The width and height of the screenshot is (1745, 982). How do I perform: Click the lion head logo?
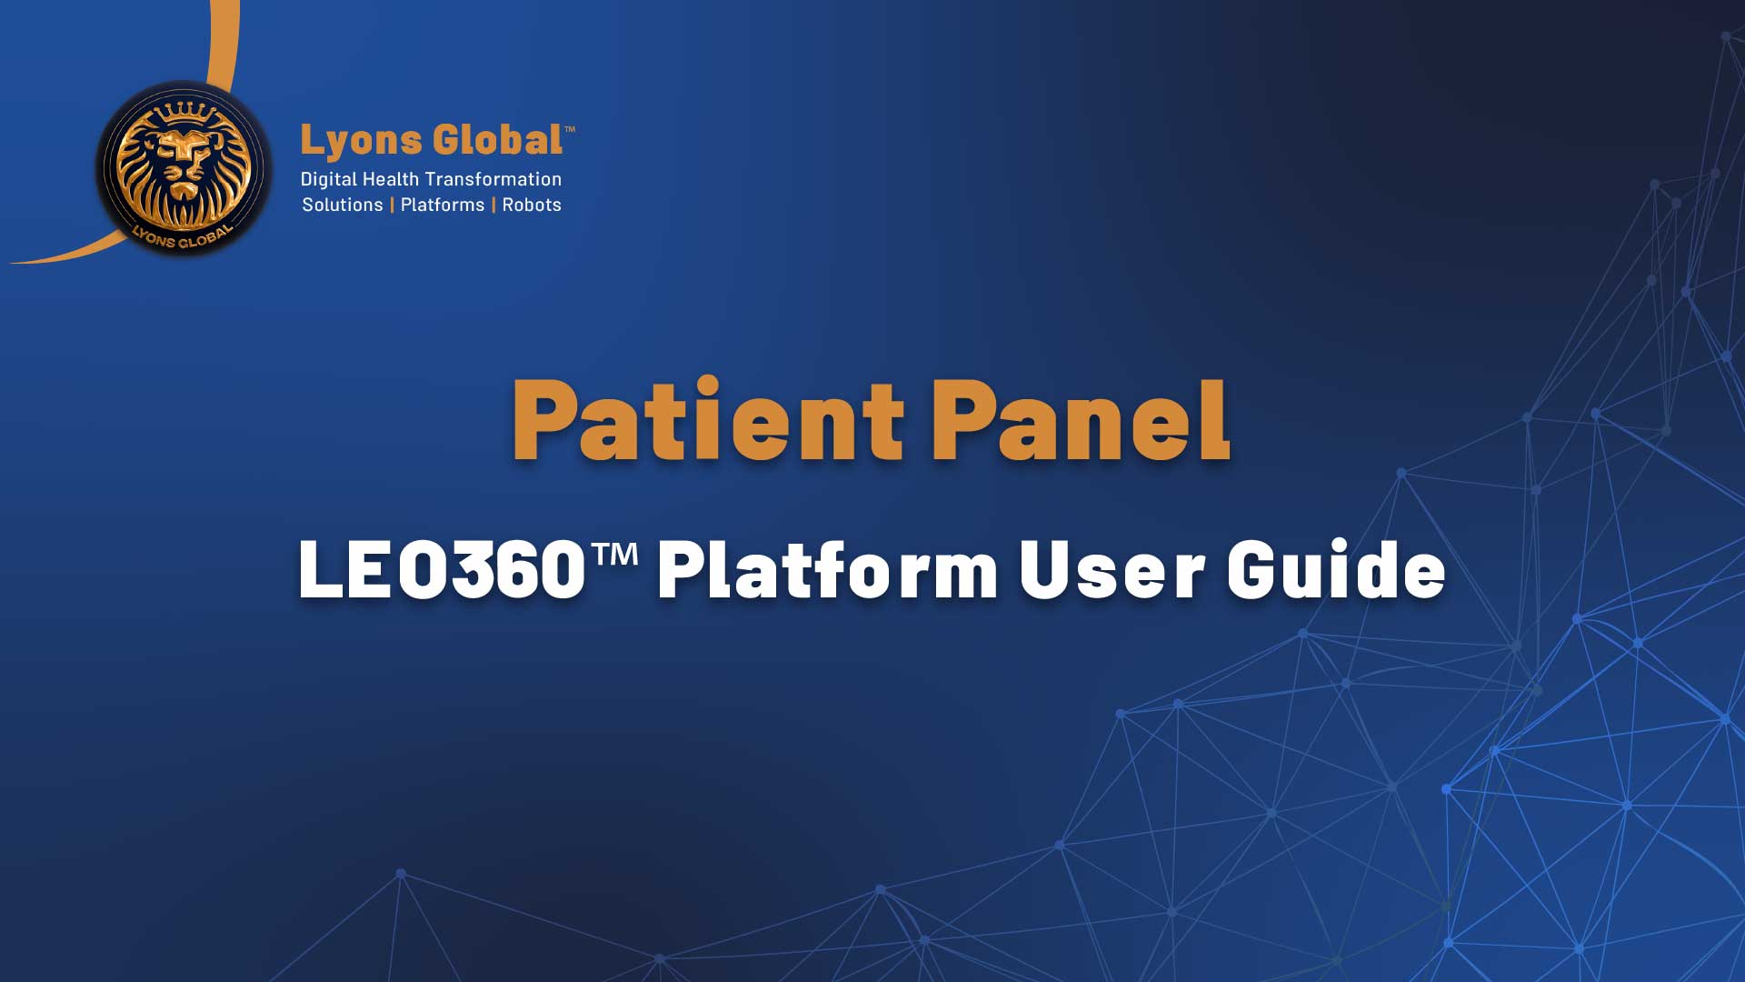pyautogui.click(x=184, y=169)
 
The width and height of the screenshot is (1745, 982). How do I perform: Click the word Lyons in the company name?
pyautogui.click(x=362, y=142)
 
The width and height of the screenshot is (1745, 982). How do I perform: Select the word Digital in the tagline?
pyautogui.click(x=328, y=180)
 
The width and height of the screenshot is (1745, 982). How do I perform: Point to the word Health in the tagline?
pyautogui.click(x=391, y=179)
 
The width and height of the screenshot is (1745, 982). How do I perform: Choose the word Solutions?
pyautogui.click(x=343, y=205)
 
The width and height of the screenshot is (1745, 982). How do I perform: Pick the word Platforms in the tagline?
pyautogui.click(x=443, y=205)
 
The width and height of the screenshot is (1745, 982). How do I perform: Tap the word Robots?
pyautogui.click(x=532, y=205)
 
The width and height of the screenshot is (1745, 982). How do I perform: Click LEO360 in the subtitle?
pyautogui.click(x=442, y=569)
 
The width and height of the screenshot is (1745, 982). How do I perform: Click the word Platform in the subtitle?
pyautogui.click(x=828, y=569)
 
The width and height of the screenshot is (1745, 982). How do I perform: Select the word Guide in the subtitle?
pyautogui.click(x=1336, y=569)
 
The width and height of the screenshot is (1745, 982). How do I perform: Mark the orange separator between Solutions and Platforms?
pyautogui.click(x=392, y=205)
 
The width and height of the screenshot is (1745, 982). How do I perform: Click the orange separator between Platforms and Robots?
pyautogui.click(x=494, y=205)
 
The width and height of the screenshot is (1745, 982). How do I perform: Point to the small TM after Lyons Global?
pyautogui.click(x=570, y=129)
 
